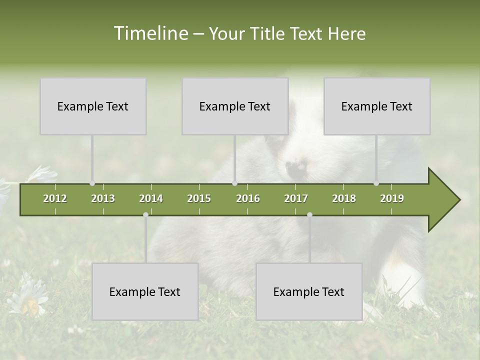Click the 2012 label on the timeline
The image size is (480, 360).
(55, 198)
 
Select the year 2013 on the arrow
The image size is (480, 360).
(103, 198)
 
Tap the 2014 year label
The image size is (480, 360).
(151, 198)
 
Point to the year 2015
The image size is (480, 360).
(199, 198)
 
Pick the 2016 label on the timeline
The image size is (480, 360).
(248, 198)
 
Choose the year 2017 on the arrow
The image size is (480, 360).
(296, 198)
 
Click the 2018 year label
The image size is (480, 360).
(344, 198)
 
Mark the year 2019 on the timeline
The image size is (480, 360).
(392, 198)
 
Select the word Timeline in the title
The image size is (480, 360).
(150, 33)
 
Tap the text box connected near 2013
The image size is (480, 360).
(93, 106)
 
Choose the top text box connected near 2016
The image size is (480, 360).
(235, 106)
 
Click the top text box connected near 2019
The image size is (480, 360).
(377, 106)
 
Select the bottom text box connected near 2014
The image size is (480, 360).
(145, 291)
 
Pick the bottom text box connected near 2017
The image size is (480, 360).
(309, 291)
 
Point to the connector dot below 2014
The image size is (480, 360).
(145, 214)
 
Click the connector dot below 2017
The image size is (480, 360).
(309, 214)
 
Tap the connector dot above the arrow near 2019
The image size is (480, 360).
(376, 183)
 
